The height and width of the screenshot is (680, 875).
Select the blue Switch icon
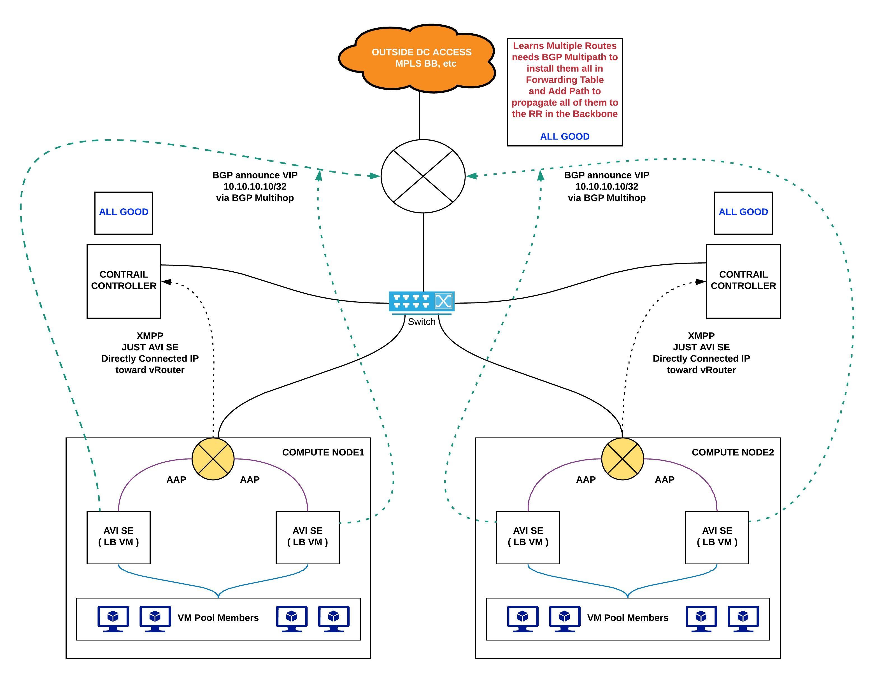[422, 301]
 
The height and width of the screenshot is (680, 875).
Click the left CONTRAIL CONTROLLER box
[124, 281]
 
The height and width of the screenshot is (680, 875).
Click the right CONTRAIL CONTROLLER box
[743, 281]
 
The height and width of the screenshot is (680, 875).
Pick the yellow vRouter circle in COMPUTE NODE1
[213, 459]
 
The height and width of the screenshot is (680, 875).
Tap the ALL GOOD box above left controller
[124, 213]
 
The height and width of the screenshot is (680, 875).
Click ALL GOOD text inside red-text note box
[564, 136]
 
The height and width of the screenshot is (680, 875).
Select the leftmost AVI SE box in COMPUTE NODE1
[118, 537]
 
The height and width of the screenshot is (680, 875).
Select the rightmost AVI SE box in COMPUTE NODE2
[717, 537]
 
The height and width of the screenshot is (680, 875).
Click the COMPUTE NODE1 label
[323, 452]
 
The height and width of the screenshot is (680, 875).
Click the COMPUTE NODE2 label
[732, 452]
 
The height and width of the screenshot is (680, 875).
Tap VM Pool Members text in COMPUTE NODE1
[218, 618]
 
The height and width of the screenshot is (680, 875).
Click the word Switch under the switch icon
[422, 321]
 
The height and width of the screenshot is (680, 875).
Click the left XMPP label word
[150, 336]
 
